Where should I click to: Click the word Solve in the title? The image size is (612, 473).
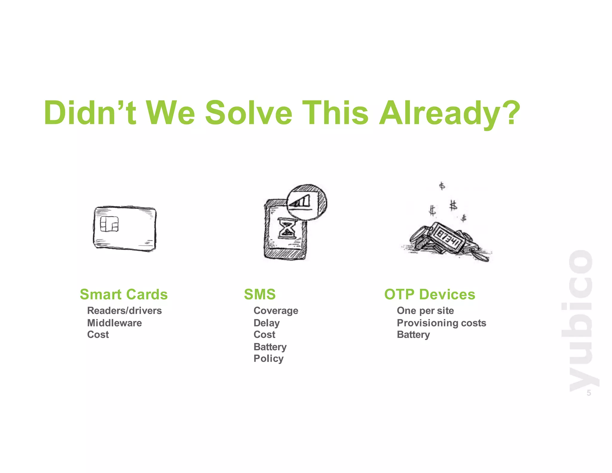(x=249, y=113)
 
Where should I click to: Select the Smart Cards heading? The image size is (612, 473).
(x=124, y=294)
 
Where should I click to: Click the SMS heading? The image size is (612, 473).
(x=260, y=294)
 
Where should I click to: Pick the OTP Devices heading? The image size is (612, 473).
(x=429, y=294)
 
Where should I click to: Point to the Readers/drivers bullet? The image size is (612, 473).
(x=124, y=311)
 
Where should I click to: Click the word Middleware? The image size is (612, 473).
(x=114, y=323)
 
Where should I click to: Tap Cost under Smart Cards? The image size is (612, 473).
(x=98, y=335)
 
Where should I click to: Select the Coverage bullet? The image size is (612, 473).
(x=276, y=311)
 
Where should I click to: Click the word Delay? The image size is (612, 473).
(x=267, y=323)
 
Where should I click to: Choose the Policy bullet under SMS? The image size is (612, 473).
(x=268, y=358)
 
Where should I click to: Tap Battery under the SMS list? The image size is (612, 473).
(x=270, y=347)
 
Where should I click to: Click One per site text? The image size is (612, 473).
(x=425, y=311)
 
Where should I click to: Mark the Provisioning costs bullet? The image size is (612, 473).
(x=441, y=323)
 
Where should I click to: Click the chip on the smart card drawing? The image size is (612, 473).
(x=109, y=224)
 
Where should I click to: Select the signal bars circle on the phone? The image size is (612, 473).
(x=306, y=202)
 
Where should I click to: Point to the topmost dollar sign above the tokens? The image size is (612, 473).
(x=442, y=186)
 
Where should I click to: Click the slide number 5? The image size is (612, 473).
(x=588, y=393)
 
